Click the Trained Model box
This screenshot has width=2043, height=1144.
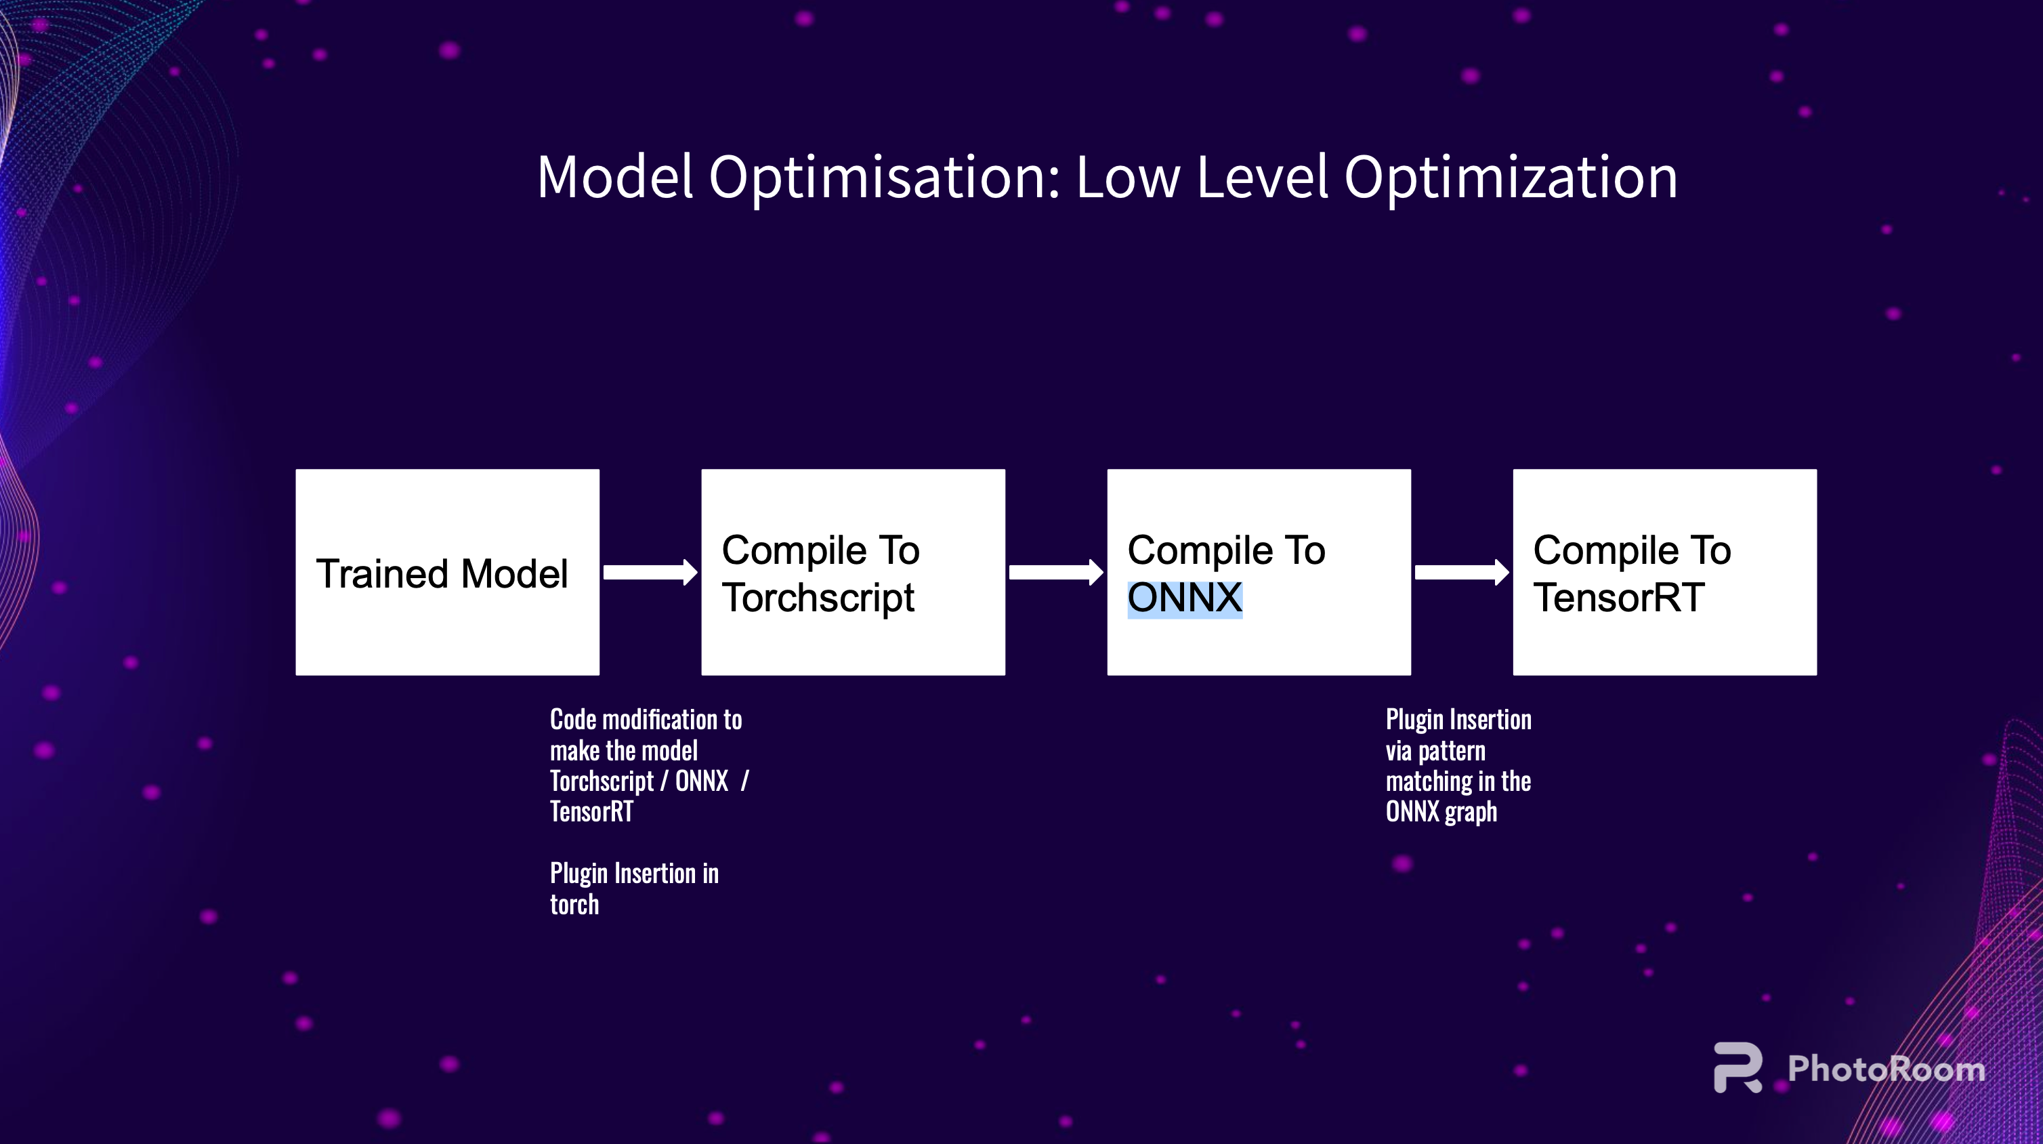[447, 572]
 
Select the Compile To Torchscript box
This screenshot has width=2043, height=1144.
[854, 572]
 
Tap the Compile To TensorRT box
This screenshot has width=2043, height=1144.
[1665, 572]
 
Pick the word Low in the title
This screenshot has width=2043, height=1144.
[1128, 177]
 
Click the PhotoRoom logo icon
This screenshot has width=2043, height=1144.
[1737, 1068]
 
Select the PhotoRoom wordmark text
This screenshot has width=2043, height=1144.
[1887, 1069]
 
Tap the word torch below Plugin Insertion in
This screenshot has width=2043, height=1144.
[574, 904]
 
